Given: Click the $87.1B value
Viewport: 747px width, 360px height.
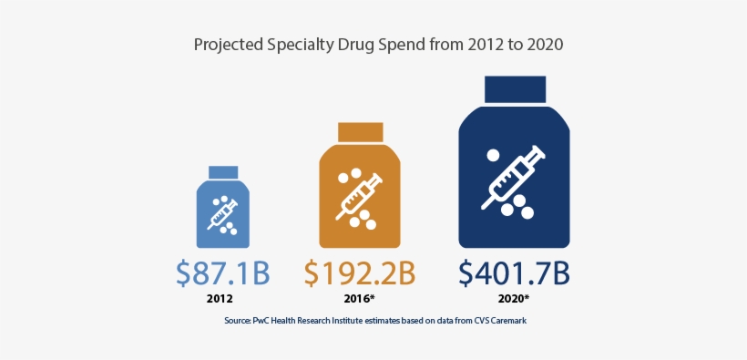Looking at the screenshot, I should click(222, 273).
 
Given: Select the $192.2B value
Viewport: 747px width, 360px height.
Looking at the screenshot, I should click(360, 273).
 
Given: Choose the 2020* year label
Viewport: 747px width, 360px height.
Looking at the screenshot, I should click(515, 298).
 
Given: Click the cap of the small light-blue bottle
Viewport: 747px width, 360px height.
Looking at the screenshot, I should click(223, 172).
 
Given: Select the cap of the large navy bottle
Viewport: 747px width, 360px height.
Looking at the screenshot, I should click(515, 88).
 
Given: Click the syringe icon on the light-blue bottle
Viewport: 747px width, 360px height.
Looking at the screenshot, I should click(222, 213).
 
